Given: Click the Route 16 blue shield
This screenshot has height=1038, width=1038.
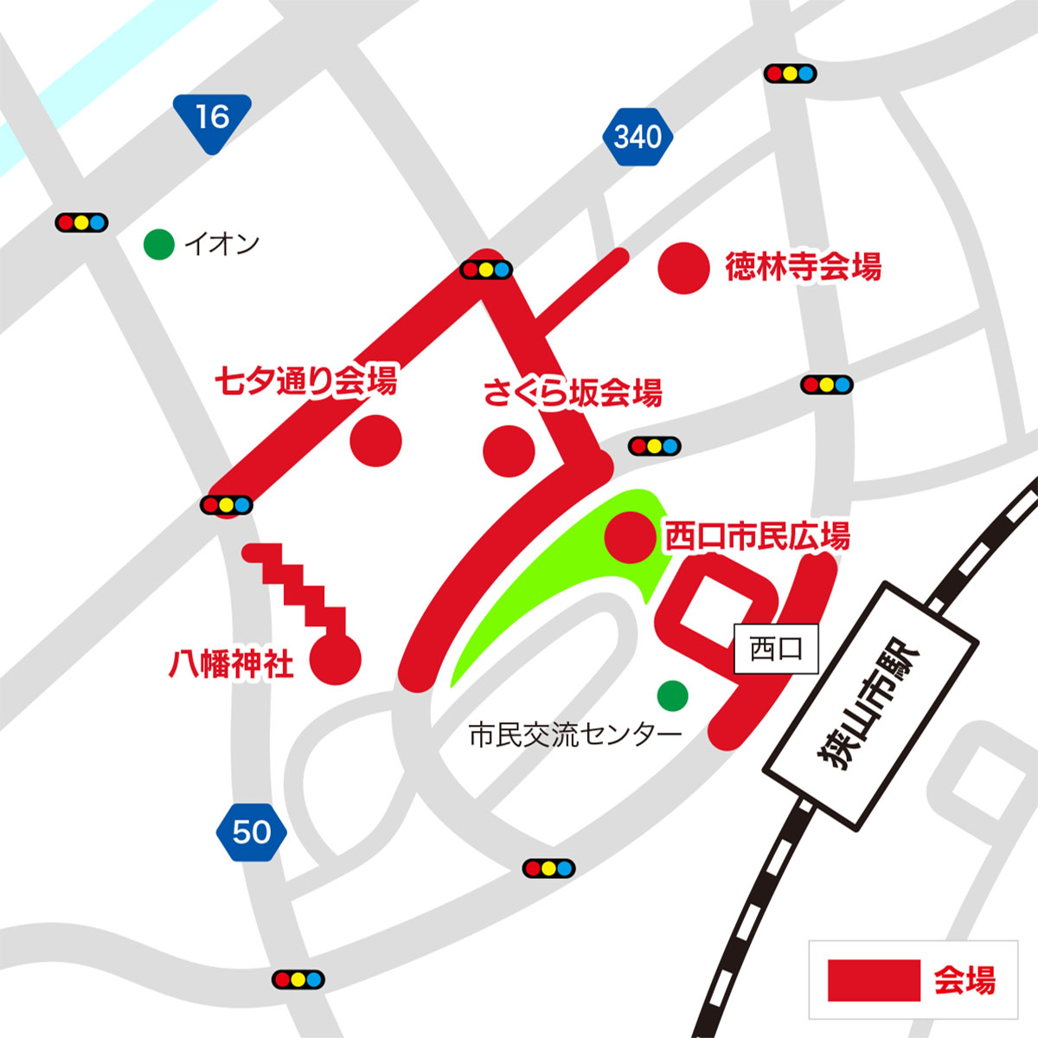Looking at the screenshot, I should pos(211,119).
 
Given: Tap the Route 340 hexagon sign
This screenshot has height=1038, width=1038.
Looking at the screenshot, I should pos(638,137).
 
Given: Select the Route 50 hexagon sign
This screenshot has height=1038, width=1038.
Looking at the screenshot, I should pos(251,832).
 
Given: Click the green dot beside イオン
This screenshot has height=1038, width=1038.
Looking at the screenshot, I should pos(159,245).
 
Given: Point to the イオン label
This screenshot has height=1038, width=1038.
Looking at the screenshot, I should pos(222,245).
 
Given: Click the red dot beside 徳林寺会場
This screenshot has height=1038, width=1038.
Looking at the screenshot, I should pos(685,268).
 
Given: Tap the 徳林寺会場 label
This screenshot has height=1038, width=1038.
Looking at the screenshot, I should pos(803,266).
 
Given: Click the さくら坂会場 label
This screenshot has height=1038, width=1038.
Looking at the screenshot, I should pos(573,393).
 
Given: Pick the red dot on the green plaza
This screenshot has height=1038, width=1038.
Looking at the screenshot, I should pos(630,536).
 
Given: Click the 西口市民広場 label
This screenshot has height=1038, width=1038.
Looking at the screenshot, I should pos(757,536).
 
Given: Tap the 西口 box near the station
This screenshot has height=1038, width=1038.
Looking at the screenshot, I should pos(776,649).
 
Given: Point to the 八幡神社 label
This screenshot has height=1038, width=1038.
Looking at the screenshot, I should pos(231,663).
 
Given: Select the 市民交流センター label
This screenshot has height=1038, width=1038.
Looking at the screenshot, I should pos(575,736).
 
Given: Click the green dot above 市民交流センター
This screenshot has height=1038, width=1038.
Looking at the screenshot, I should pos(672,694).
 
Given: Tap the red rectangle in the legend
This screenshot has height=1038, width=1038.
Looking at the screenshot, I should pos(873,981).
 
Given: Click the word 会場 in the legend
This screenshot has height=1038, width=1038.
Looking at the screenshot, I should pos(964,981).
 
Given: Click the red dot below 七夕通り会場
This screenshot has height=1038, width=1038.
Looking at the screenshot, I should pos(376,440).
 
